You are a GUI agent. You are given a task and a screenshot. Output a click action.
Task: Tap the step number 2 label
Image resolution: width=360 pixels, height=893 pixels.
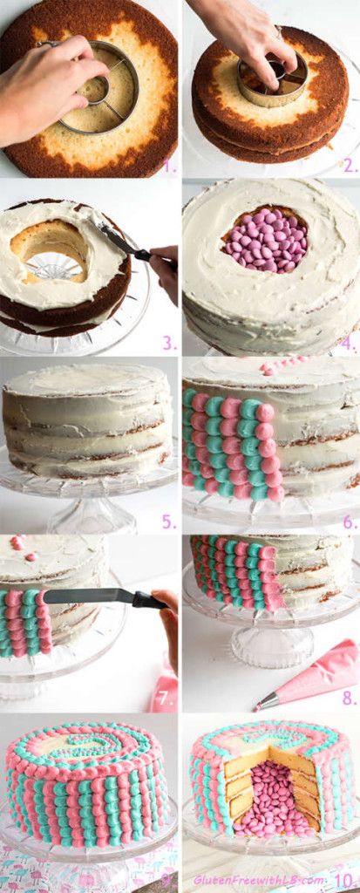click(x=350, y=166)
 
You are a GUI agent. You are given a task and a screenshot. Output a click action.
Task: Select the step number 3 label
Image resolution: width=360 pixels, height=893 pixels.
click(x=168, y=342)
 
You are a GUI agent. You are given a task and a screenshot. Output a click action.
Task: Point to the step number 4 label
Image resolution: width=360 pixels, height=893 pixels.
click(x=348, y=344)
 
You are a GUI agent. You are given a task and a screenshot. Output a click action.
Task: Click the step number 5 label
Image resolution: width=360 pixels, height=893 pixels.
click(x=168, y=521)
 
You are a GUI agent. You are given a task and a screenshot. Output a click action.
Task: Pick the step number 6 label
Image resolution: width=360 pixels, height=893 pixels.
click(x=350, y=521)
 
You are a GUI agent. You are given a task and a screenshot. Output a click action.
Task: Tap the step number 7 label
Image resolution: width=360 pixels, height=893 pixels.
click(x=166, y=699)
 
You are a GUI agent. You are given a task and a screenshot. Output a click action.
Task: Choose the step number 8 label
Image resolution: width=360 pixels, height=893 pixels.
click(x=350, y=699)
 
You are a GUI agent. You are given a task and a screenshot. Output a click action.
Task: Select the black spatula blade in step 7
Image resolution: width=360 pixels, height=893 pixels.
click(x=89, y=596)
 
